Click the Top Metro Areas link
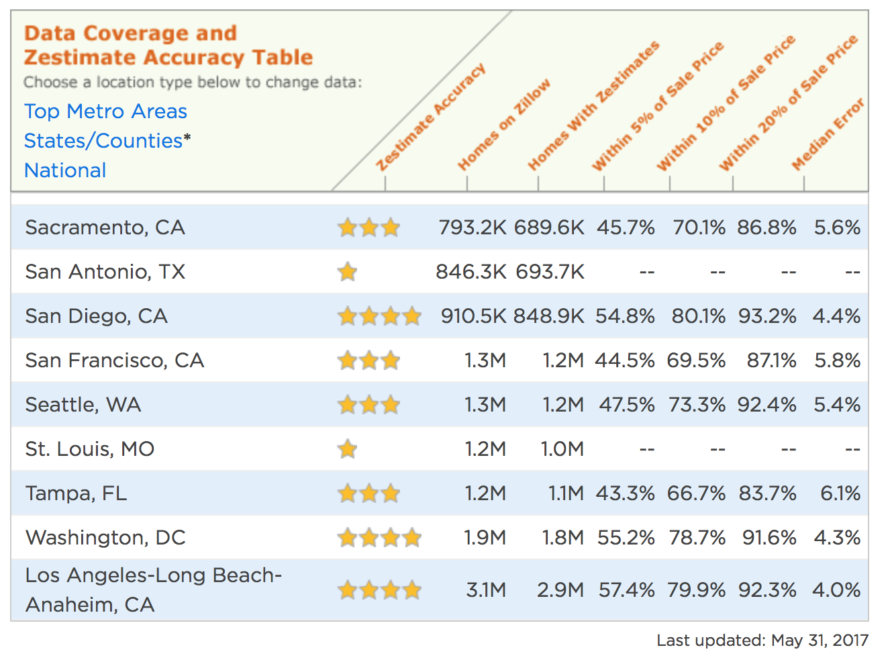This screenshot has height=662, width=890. coord(105,111)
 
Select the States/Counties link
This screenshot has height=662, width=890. coord(103,141)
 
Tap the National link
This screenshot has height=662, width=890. coord(65,171)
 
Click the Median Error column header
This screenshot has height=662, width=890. coord(827,135)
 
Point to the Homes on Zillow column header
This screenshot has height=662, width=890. coord(503,125)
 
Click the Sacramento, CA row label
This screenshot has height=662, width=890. coord(105,228)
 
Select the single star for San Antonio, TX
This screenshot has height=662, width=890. coord(348,272)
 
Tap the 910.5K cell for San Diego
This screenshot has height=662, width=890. coord(473,316)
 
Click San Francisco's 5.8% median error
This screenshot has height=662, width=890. coord(837,361)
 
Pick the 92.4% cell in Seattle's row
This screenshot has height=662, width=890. coord(767,405)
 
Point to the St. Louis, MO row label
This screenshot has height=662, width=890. coord(90,449)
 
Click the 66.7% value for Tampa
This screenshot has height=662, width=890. coord(696,493)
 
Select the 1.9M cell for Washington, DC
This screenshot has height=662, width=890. coord(485,538)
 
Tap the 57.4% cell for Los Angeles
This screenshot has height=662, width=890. coord(627,590)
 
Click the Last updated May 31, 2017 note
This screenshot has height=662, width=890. coord(762,641)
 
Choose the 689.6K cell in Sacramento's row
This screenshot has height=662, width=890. coord(549,228)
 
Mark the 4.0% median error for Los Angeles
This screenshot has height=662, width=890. coord(836,590)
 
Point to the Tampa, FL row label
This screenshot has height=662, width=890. coord(76,493)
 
